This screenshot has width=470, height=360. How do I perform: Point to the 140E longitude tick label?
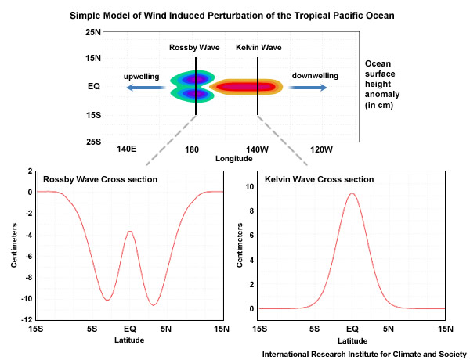pos(127,149)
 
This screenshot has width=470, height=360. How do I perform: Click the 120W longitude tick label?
pos(321,149)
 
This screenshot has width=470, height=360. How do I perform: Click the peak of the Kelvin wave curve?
pos(352,194)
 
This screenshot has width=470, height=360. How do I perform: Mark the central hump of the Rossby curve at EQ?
pos(130,232)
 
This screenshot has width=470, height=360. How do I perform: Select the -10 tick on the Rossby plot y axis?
pos(27,299)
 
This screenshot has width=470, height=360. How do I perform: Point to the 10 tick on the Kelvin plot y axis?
pos(249,186)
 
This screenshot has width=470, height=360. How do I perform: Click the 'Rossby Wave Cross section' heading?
pos(100,180)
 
